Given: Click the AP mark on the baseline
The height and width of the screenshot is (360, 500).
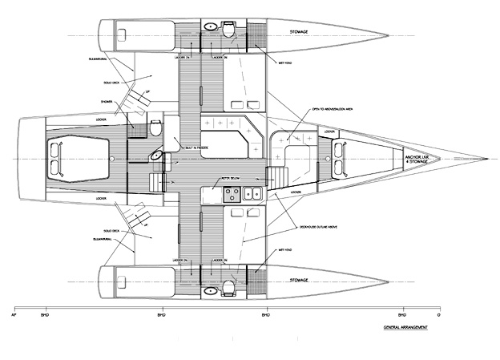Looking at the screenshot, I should click(16, 314).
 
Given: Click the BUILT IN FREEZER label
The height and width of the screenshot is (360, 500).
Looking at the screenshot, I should click(196, 148).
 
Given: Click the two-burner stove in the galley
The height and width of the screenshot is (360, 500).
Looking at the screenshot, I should click(231, 192).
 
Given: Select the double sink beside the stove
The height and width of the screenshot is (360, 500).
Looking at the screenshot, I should click(252, 192).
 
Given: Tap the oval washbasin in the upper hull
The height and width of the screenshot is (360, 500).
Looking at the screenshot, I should click(209, 27).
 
